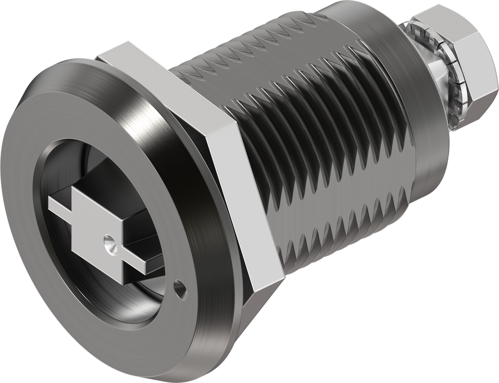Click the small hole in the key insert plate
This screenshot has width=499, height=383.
click(x=110, y=242)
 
